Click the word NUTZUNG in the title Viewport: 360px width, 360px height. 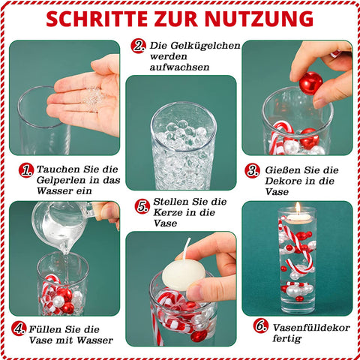pos(260,19)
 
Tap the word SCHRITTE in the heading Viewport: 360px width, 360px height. pos(97,19)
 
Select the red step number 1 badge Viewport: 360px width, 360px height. pos(26,171)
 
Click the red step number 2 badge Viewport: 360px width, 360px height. pos(138,46)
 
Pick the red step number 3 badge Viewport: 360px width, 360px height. pos(253,171)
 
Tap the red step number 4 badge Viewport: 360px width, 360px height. pos(19,328)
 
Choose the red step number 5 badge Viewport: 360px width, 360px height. pos(142,206)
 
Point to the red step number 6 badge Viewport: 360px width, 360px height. pos(261,325)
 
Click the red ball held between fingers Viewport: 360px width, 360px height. pos(310,83)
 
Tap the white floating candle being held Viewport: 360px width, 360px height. pos(184,275)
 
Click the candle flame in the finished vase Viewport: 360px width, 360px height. pos(298,208)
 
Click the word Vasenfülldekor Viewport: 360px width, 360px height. pos(311,328)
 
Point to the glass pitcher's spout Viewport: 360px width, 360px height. pos(65,248)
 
